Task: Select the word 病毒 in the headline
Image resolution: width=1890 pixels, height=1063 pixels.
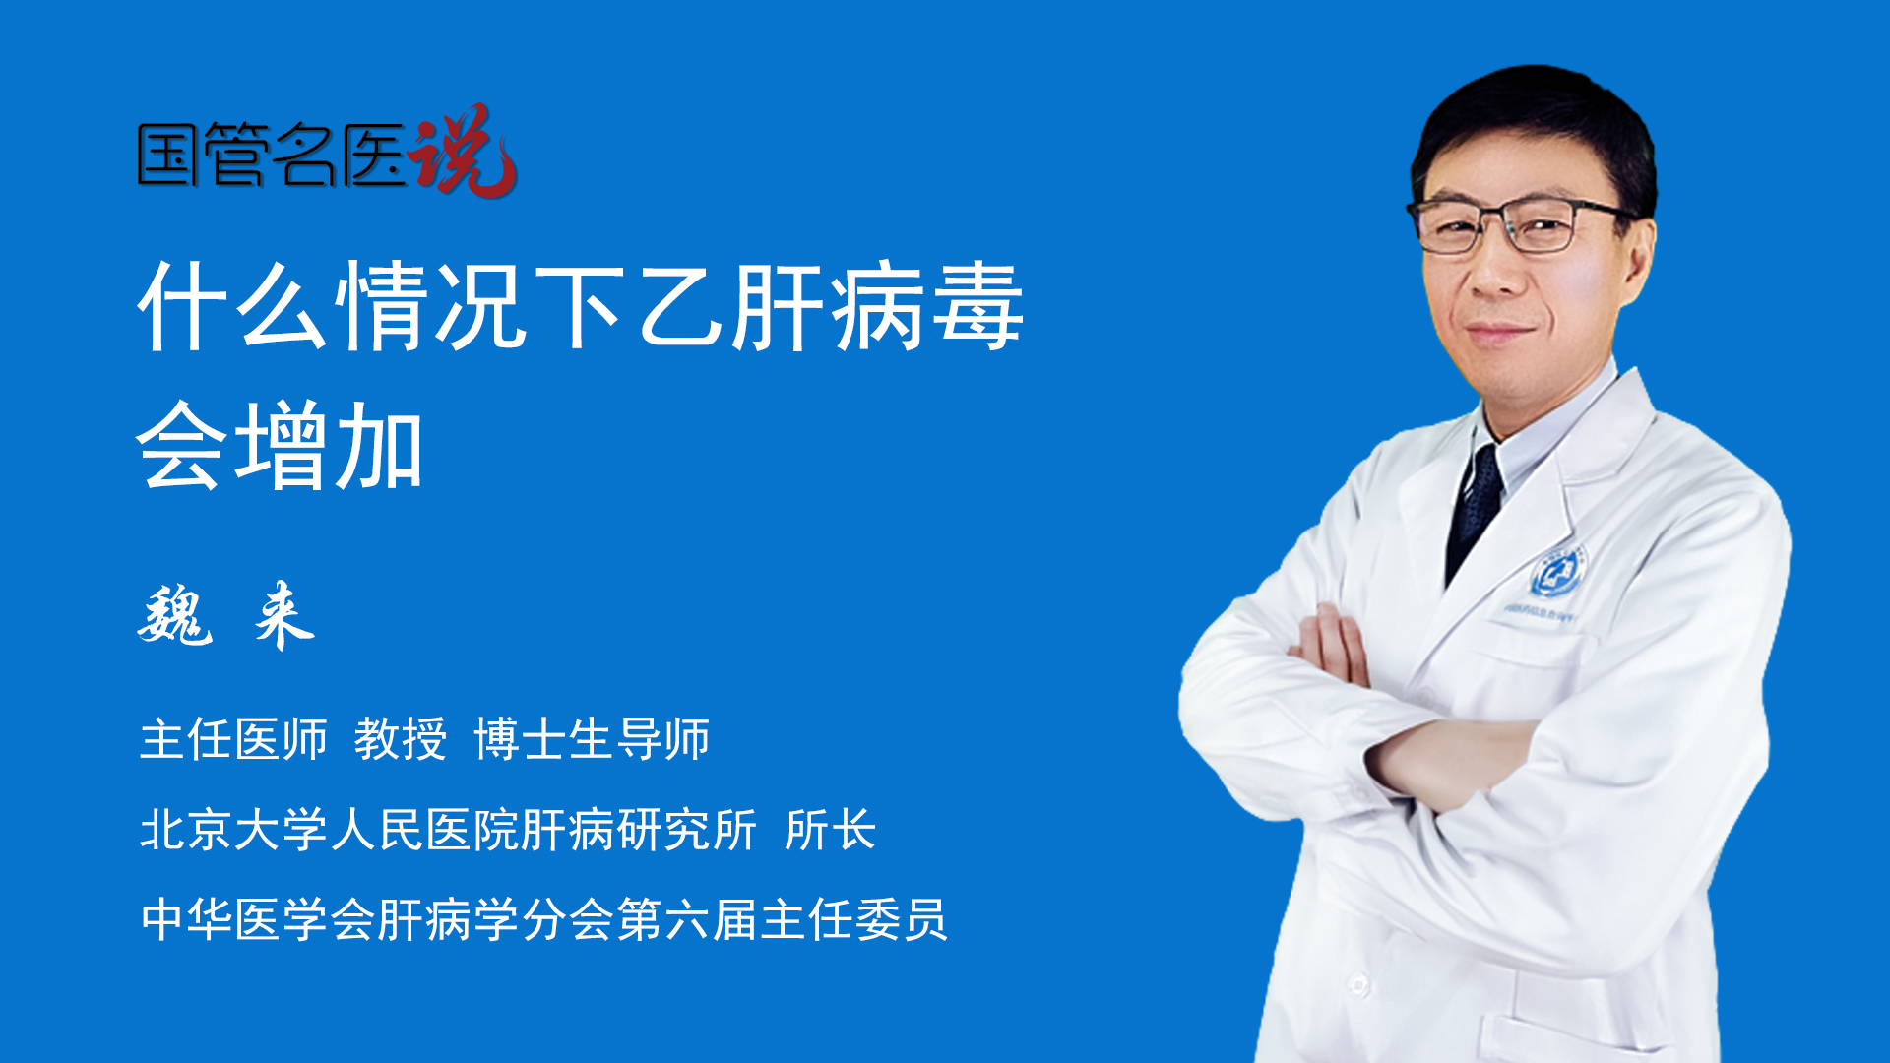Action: tap(928, 306)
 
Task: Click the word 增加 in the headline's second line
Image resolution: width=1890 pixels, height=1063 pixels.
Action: tap(330, 446)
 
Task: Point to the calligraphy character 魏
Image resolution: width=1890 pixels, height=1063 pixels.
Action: tap(175, 615)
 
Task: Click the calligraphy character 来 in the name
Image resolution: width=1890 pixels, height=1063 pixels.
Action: tap(284, 615)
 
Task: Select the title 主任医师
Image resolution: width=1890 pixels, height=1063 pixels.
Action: tap(233, 739)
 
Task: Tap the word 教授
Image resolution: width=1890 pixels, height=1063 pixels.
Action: tap(401, 739)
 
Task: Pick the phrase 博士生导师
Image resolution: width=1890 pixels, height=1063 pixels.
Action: tap(592, 739)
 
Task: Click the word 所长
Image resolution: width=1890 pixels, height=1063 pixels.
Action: tap(831, 830)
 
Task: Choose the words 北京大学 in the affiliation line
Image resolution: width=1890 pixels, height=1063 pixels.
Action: tap(234, 830)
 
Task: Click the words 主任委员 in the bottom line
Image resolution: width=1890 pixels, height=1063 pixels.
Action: tap(853, 920)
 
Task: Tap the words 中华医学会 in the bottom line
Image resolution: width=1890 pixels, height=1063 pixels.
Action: tap(258, 920)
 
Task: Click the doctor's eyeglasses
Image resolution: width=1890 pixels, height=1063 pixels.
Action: tap(1521, 224)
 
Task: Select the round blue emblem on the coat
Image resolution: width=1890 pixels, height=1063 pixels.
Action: tap(1556, 573)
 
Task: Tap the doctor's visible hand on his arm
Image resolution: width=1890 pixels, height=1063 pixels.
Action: tap(1335, 644)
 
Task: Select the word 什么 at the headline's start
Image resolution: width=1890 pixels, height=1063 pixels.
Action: tap(232, 306)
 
